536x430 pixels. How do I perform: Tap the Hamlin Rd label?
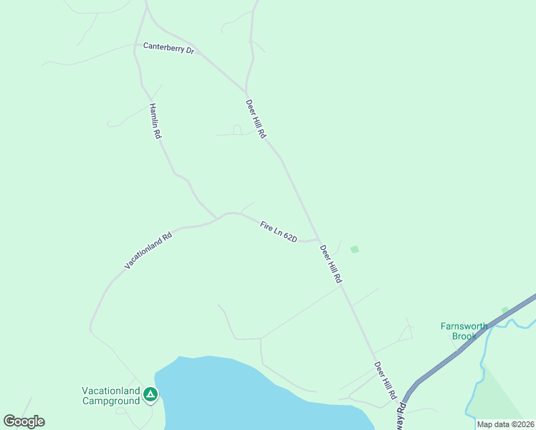(x=155, y=121)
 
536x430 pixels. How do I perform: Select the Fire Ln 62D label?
(x=278, y=231)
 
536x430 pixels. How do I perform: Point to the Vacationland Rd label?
(x=148, y=250)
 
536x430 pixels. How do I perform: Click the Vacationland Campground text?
(x=110, y=396)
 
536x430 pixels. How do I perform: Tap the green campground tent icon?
(x=150, y=393)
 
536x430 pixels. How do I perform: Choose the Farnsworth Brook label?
(x=464, y=331)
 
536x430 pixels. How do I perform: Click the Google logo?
(x=24, y=421)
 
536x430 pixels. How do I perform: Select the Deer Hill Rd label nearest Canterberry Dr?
(x=256, y=118)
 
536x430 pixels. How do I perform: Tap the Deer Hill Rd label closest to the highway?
(x=385, y=381)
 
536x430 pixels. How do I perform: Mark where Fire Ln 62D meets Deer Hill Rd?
(x=318, y=240)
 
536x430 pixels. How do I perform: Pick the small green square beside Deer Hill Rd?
(x=354, y=249)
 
